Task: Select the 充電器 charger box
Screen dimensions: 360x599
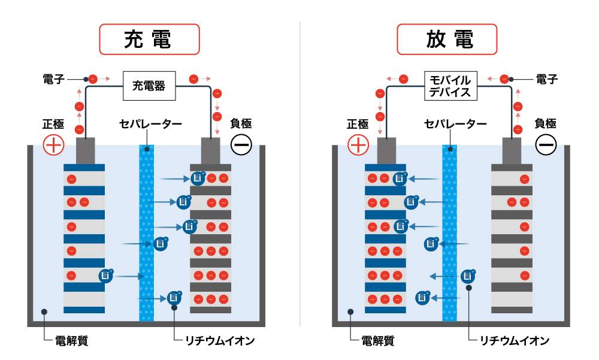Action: tap(149, 86)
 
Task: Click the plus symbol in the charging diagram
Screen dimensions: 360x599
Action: tap(53, 144)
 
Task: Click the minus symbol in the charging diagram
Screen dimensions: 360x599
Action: tap(241, 144)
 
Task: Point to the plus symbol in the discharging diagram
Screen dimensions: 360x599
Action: tap(358, 144)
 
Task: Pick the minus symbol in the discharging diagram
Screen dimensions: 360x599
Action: tap(546, 144)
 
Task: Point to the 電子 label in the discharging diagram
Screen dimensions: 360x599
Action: tap(547, 78)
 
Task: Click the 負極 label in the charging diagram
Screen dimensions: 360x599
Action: tap(241, 124)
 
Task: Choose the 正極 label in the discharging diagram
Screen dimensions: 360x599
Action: tap(358, 124)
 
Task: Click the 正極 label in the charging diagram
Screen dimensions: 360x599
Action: tap(53, 124)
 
